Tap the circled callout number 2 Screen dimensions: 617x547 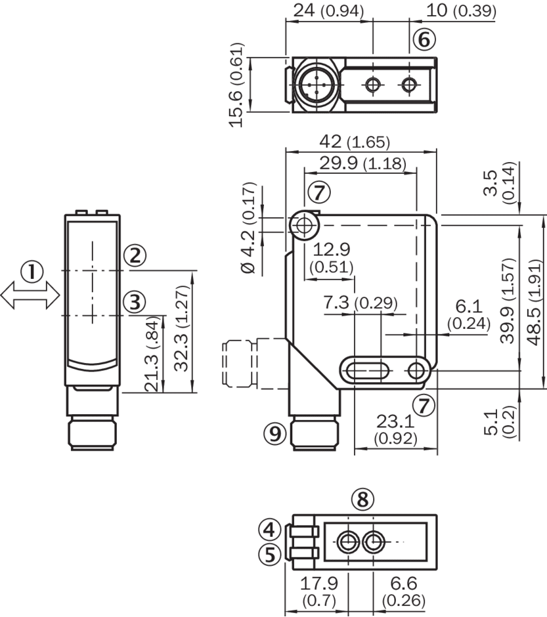(x=135, y=255)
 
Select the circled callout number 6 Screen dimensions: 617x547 (x=424, y=40)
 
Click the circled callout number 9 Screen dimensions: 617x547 (x=275, y=431)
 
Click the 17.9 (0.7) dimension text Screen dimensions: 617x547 (x=316, y=591)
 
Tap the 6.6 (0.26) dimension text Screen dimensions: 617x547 (x=403, y=591)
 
